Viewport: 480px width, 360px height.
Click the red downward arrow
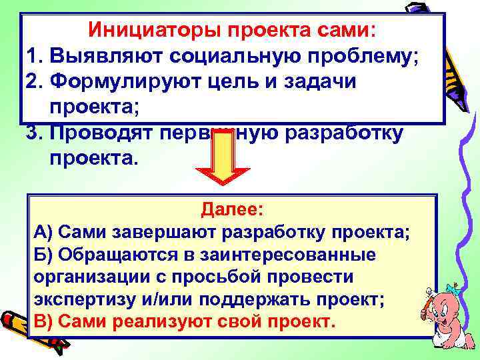point(223,163)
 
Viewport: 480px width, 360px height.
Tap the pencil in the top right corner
point(443,47)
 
